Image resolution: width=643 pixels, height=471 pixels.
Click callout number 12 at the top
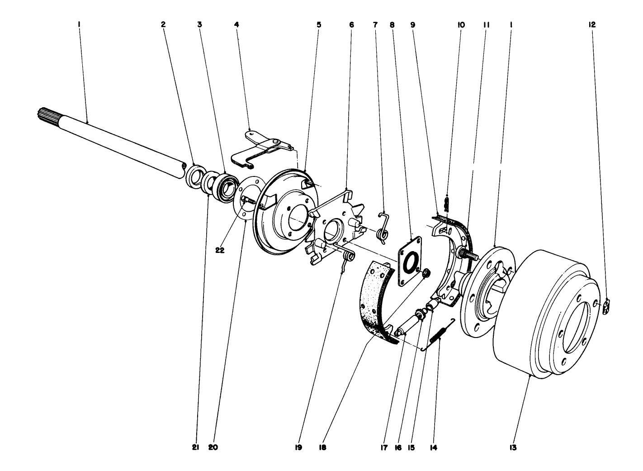click(x=592, y=25)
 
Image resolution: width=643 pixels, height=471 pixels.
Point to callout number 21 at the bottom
click(x=195, y=447)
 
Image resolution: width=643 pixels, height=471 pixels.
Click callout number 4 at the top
click(x=236, y=25)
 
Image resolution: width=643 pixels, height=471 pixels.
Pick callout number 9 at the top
click(x=412, y=25)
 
